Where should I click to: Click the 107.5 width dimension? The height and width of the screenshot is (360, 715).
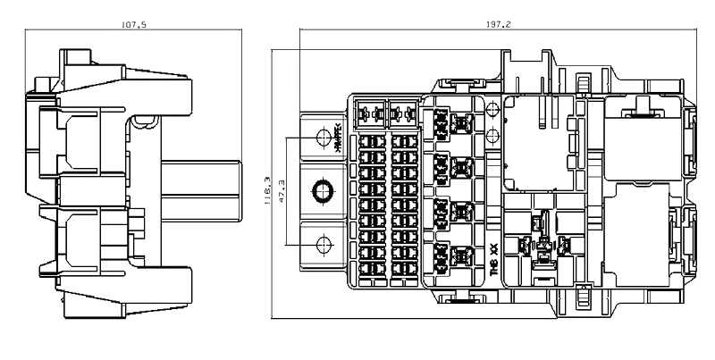[x=134, y=25]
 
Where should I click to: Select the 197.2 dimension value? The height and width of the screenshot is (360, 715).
[x=500, y=25]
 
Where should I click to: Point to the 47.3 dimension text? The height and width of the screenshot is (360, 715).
[x=282, y=193]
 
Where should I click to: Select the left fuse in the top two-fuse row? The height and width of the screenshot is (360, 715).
[x=367, y=114]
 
